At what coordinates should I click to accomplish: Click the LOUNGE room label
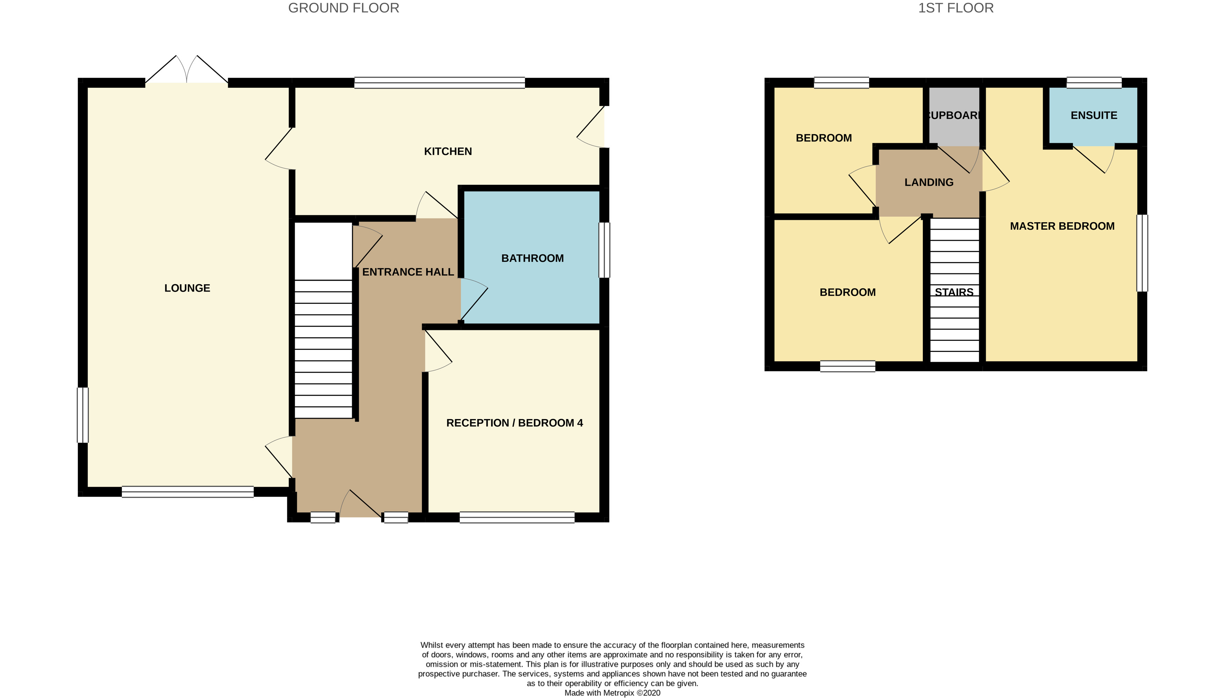point(187,288)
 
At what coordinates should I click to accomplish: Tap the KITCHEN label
point(448,151)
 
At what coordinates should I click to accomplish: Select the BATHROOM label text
point(532,258)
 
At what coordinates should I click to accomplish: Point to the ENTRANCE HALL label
point(408,272)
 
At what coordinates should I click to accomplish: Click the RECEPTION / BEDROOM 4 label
point(515,423)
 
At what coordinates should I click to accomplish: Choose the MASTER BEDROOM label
point(1062,226)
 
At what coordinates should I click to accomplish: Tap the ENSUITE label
point(1094,116)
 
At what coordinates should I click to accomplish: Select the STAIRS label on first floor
point(954,292)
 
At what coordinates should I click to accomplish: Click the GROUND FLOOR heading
point(343,8)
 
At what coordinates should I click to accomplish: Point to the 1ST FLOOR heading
point(956,8)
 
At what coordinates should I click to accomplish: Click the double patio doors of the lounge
point(187,72)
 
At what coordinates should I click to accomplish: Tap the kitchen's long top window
point(439,83)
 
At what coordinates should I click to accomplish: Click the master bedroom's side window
point(1143,253)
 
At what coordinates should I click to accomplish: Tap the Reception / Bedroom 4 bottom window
point(517,517)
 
